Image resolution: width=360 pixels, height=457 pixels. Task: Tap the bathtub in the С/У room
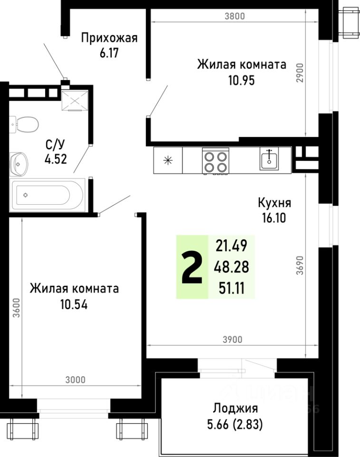click(x=46, y=194)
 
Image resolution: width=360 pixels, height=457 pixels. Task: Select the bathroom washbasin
click(x=19, y=163)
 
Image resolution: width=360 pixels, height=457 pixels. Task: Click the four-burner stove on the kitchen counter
click(x=215, y=160)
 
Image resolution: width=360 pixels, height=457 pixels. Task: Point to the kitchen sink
click(x=269, y=159)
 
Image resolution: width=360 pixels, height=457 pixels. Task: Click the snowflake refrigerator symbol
click(x=168, y=160)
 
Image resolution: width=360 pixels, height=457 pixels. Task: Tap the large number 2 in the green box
click(x=192, y=267)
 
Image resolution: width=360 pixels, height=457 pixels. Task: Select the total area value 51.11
click(x=231, y=288)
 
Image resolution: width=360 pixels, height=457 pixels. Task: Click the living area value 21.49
click(x=231, y=246)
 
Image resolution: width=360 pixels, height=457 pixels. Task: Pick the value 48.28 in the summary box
click(x=231, y=267)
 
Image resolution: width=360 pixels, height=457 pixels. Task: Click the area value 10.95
click(x=242, y=79)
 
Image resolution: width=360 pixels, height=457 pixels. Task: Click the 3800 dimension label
click(x=234, y=16)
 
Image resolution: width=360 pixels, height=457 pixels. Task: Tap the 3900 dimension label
click(x=233, y=339)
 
